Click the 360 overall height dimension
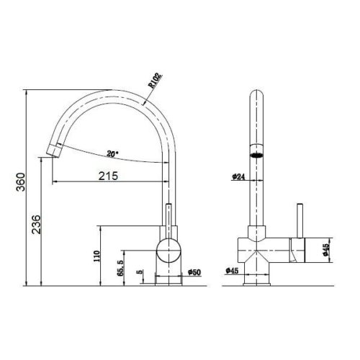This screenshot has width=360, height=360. [21, 182]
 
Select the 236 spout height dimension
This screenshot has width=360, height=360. [37, 225]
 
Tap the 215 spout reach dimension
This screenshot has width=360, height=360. [109, 176]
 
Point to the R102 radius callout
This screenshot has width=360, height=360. [155, 81]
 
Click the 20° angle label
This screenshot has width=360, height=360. [112, 153]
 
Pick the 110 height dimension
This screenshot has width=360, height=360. [96, 256]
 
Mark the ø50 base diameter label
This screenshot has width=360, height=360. [194, 272]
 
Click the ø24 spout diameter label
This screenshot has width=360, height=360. [238, 176]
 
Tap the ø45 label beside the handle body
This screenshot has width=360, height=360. [325, 250]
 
